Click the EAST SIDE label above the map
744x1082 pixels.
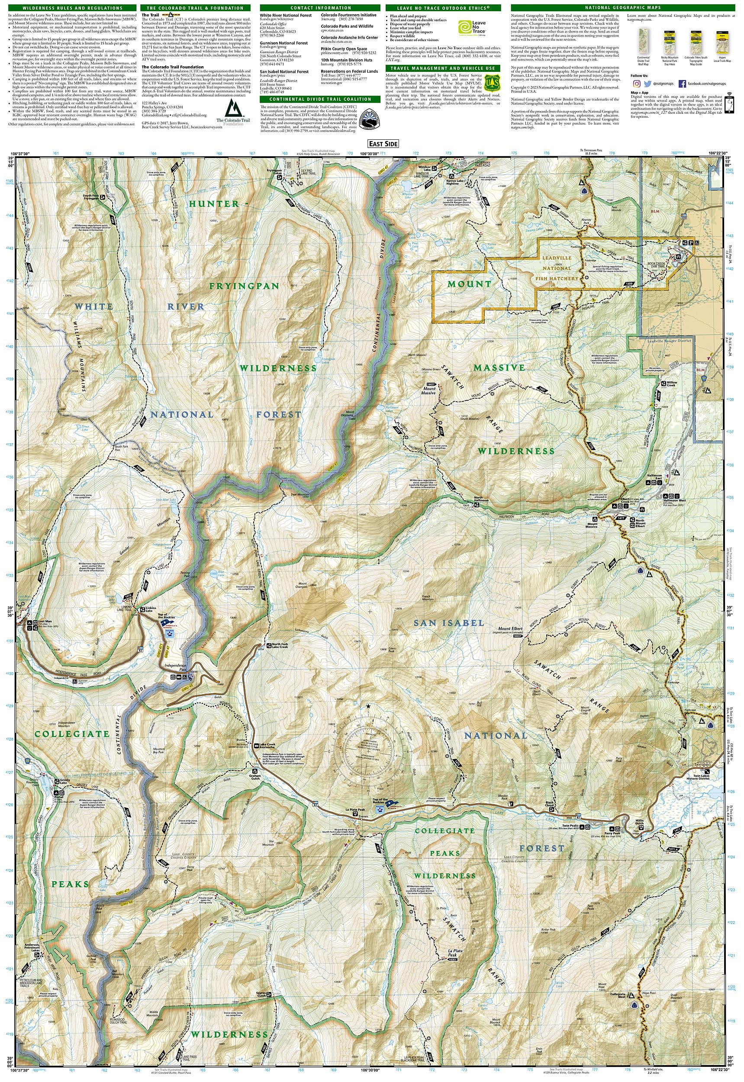(383, 144)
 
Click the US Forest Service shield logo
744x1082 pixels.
(492, 83)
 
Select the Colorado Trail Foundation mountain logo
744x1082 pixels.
(233, 109)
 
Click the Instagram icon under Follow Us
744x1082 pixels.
(636, 84)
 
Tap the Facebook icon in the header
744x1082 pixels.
(682, 84)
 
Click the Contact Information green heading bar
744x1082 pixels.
(321, 8)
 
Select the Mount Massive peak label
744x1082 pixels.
(429, 391)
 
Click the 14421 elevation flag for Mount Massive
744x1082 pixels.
(431, 383)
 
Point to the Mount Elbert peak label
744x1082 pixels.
(510, 628)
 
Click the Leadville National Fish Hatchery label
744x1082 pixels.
(557, 268)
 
